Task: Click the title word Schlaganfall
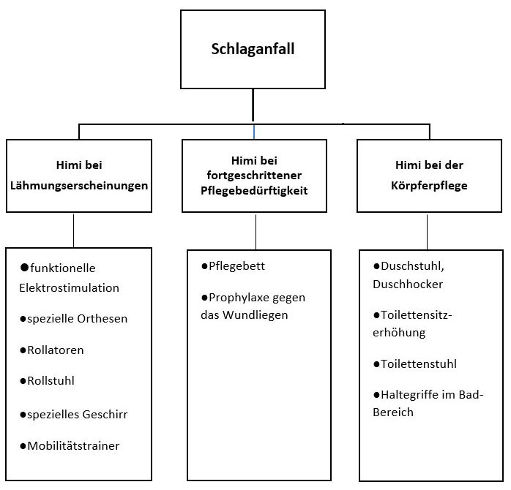[x=253, y=49]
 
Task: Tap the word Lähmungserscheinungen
[x=79, y=186]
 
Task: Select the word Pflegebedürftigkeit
[x=254, y=191]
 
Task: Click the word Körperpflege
[x=429, y=186]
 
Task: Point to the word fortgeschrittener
[x=254, y=176]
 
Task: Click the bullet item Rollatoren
[x=52, y=350]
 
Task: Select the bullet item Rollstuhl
[x=48, y=380]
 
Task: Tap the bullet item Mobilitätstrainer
[x=70, y=445]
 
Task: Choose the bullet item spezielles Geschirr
[x=74, y=415]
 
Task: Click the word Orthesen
[x=102, y=318]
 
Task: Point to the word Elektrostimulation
[x=69, y=288]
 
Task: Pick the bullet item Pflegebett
[x=233, y=266]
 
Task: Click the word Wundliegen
[x=255, y=315]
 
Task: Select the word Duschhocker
[x=408, y=284]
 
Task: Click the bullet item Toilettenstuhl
[x=415, y=363]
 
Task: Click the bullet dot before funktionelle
[x=24, y=268]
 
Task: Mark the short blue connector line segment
[x=254, y=132]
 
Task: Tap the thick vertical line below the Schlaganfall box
[x=253, y=105]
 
